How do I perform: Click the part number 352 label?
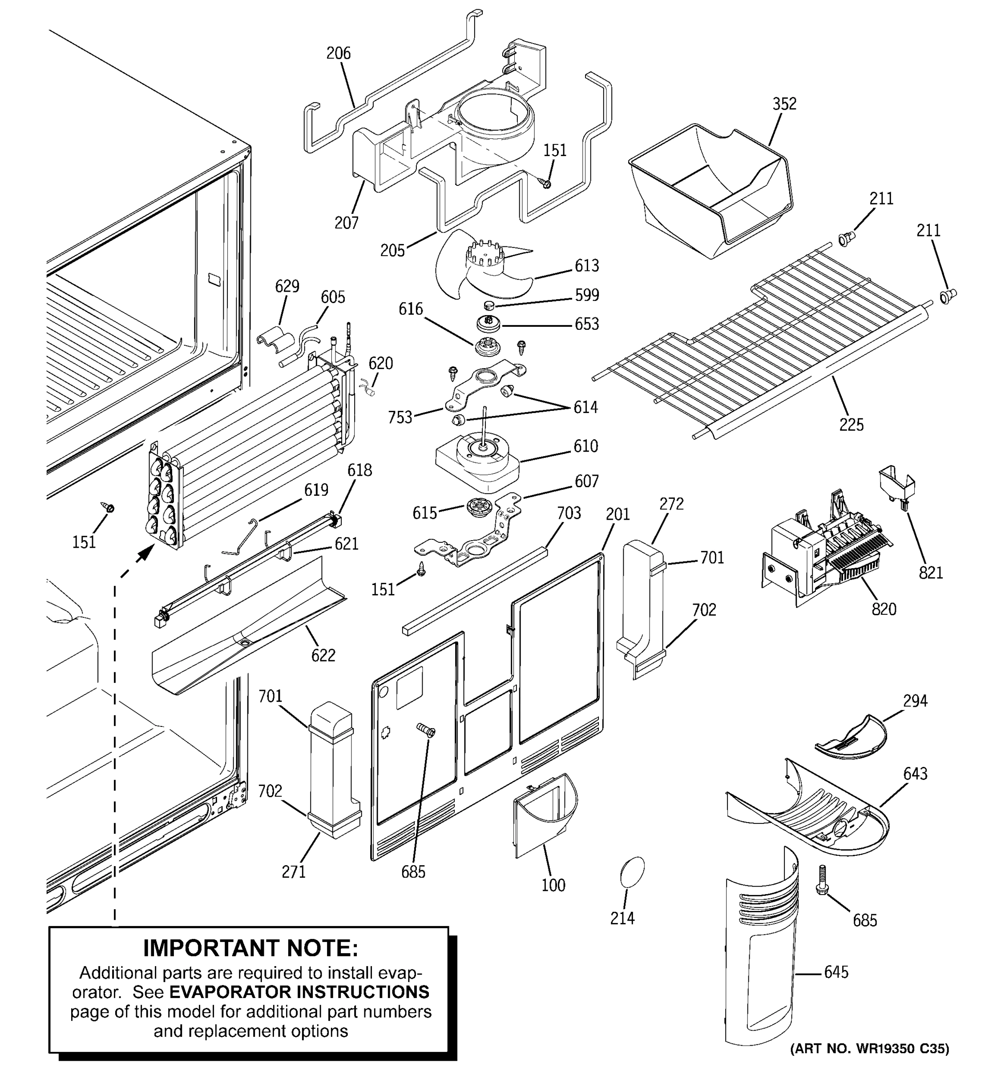(784, 104)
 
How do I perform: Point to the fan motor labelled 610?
(478, 461)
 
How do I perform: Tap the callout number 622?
(323, 655)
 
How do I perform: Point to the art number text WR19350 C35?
(869, 1048)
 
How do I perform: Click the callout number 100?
(553, 885)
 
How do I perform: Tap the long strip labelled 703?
(475, 590)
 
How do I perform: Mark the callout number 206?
(338, 53)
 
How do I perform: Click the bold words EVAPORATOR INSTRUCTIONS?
(299, 991)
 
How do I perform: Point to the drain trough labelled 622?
(247, 634)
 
